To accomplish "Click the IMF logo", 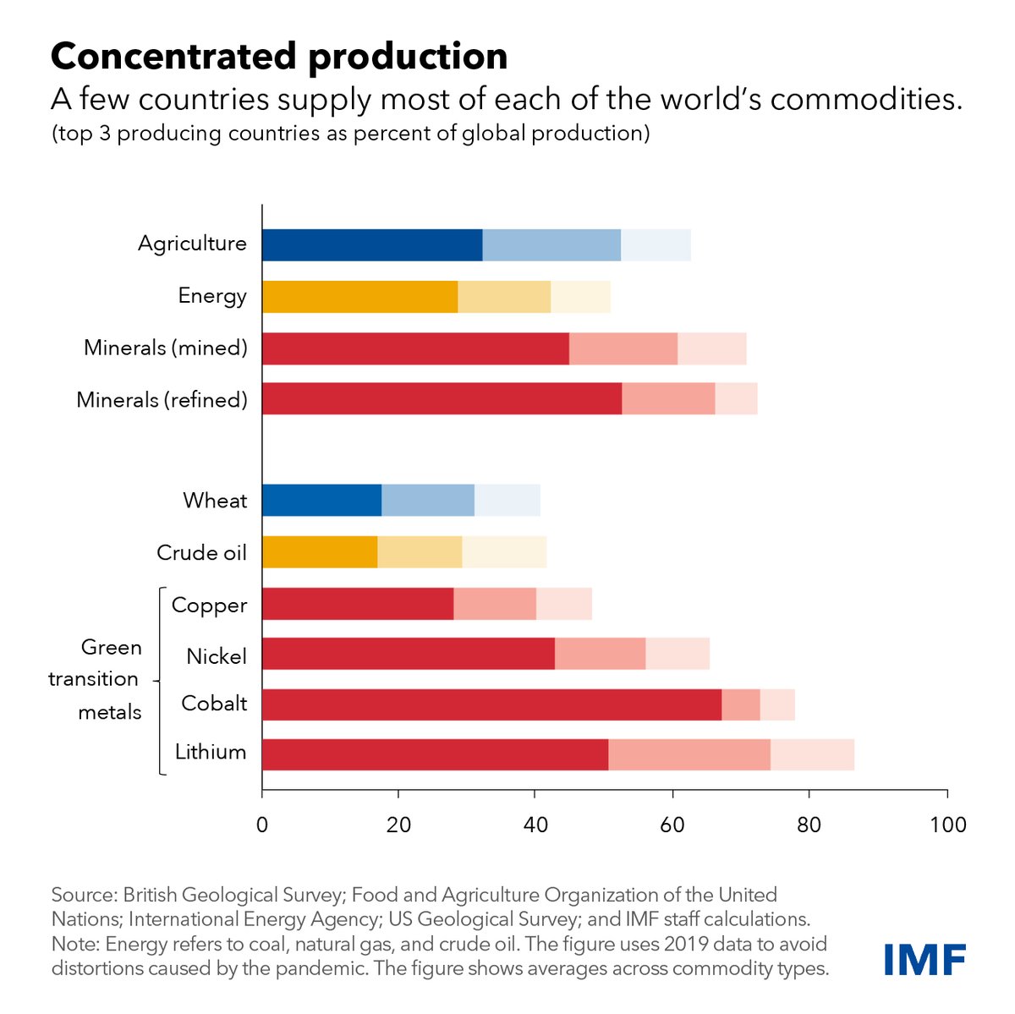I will [x=924, y=960].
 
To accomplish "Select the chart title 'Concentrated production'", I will [x=279, y=57].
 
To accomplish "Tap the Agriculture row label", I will [x=192, y=244].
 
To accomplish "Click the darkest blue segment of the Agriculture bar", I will [x=372, y=245].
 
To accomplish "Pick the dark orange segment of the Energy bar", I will [x=359, y=297].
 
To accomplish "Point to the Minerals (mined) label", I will [x=166, y=348].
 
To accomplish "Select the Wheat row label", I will [x=215, y=501].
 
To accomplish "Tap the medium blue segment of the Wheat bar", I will [x=428, y=500].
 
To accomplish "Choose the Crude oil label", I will [x=201, y=553].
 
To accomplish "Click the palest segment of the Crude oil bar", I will [x=504, y=552].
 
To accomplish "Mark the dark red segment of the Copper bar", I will [x=358, y=604].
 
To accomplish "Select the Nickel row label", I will [x=217, y=656].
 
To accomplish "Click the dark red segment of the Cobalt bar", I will [x=491, y=704].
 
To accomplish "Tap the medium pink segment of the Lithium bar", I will [x=689, y=754].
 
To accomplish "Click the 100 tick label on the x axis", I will [x=947, y=824].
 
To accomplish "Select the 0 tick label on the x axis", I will [x=262, y=824].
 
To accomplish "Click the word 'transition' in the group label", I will [x=93, y=679].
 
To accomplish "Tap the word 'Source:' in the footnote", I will [x=84, y=895].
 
